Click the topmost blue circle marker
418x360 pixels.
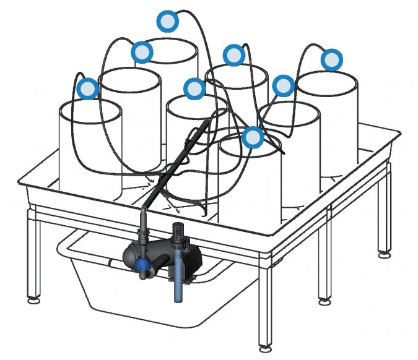pyautogui.click(x=167, y=22)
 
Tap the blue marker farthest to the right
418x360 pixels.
pyautogui.click(x=332, y=60)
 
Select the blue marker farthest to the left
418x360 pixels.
pyautogui.click(x=88, y=88)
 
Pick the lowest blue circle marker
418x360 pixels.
pyautogui.click(x=253, y=137)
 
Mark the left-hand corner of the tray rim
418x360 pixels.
pyautogui.click(x=22, y=183)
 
